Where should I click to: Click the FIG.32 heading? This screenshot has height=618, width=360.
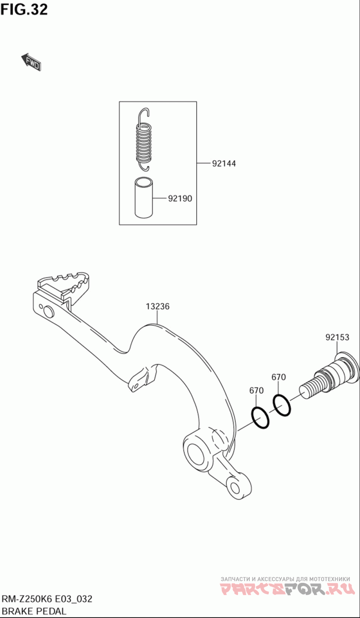point(24,9)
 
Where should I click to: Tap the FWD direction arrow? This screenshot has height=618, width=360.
point(31,62)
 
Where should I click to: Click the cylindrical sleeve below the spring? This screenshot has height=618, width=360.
point(144,197)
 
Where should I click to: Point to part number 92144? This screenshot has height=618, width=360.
point(224,163)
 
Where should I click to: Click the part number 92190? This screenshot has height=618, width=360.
point(180,198)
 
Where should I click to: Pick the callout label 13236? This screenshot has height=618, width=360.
point(157,306)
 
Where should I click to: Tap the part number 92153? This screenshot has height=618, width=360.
point(337,337)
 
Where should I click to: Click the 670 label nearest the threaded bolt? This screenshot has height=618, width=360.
point(279,377)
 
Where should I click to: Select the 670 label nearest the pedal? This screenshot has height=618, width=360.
point(256,390)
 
